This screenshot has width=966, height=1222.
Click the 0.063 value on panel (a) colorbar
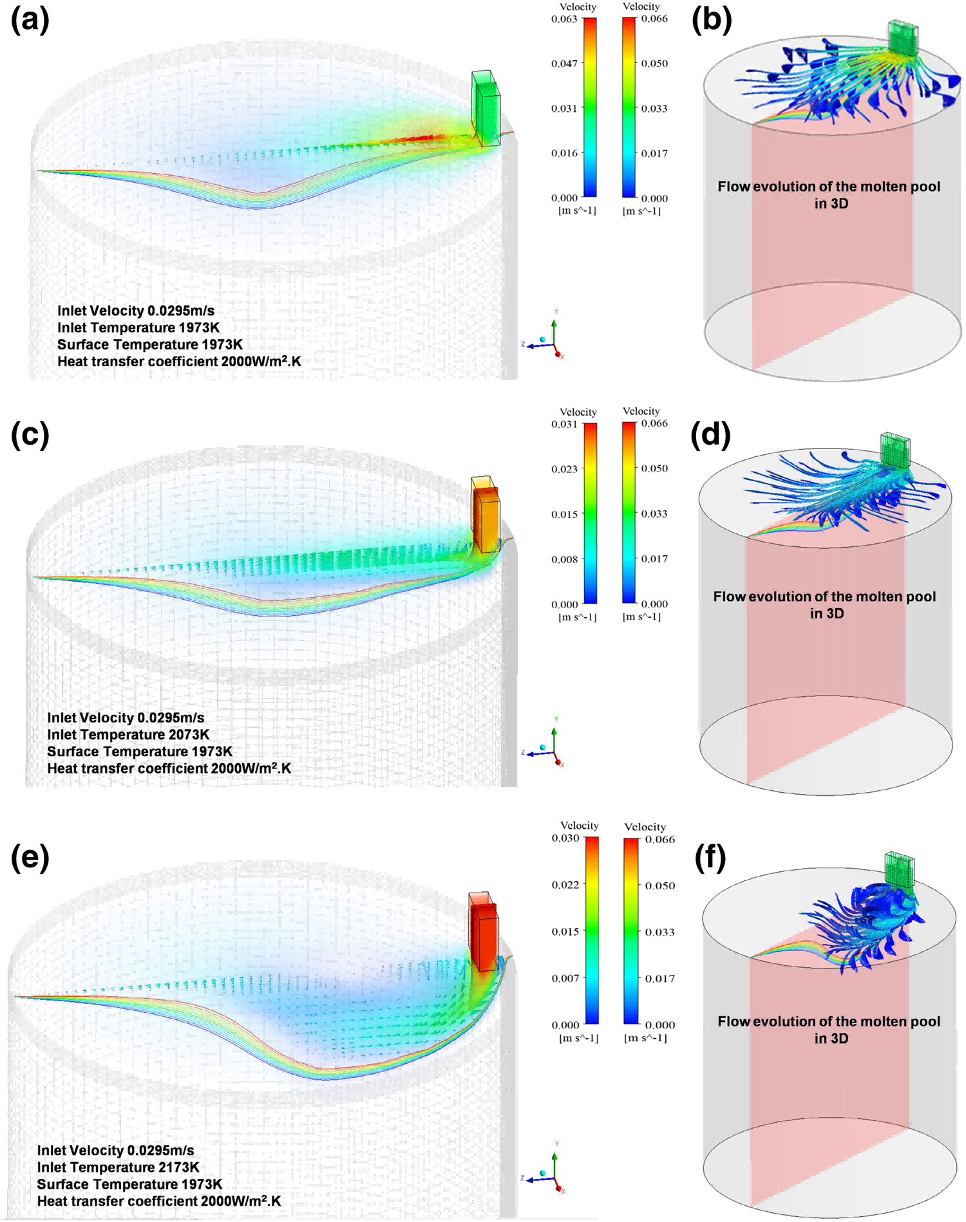564,19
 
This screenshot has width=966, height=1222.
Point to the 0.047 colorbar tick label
564,63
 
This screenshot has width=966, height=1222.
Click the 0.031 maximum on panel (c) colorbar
564,424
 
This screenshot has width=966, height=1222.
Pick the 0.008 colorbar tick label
564,559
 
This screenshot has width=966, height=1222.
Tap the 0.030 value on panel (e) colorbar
565,838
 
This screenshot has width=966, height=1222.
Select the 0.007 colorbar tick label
565,978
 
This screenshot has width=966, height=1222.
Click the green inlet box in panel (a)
486,108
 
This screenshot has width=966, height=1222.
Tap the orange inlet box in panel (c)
486,514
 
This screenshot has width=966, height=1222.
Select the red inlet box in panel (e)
484,930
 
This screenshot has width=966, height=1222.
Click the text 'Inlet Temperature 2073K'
128,734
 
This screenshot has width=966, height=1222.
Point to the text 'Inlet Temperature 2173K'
118,1167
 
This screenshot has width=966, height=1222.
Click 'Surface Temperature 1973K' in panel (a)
150,344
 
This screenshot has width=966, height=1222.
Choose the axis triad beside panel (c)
544,744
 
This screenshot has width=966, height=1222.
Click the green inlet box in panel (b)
902,37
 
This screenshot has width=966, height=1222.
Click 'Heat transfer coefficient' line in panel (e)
159,1201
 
